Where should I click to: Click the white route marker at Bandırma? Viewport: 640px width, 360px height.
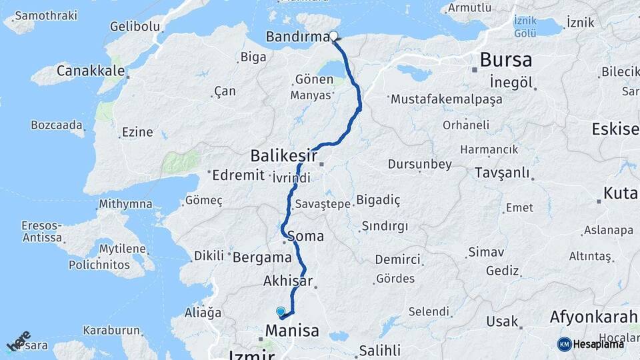pyautogui.click(x=333, y=37)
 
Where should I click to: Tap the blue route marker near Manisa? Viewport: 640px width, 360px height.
pyautogui.click(x=281, y=311)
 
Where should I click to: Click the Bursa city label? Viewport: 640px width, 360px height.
pyautogui.click(x=505, y=60)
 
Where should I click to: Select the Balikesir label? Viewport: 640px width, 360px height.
pyautogui.click(x=283, y=156)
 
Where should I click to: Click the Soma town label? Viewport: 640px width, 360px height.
pyautogui.click(x=306, y=236)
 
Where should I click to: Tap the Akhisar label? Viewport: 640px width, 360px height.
pyautogui.click(x=289, y=280)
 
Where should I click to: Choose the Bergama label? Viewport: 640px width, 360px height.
pyautogui.click(x=261, y=257)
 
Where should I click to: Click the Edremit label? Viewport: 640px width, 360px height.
pyautogui.click(x=239, y=175)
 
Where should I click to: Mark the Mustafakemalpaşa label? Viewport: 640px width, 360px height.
pyautogui.click(x=446, y=99)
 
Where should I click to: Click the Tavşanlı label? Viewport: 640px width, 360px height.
pyautogui.click(x=502, y=173)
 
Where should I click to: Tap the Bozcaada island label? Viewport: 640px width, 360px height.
pyautogui.click(x=57, y=125)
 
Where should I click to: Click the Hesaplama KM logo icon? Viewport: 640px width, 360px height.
pyautogui.click(x=564, y=344)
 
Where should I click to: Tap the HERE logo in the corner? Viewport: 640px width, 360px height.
pyautogui.click(x=19, y=341)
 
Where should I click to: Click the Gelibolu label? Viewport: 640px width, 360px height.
pyautogui.click(x=135, y=27)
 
